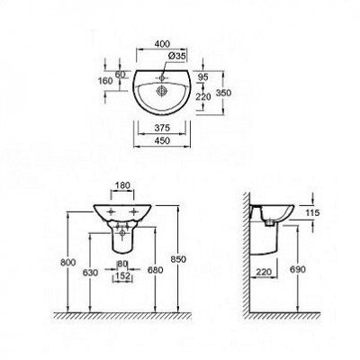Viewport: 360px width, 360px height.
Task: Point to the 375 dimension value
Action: tap(162, 127)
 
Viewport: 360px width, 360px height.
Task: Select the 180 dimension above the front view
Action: tap(124, 187)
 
